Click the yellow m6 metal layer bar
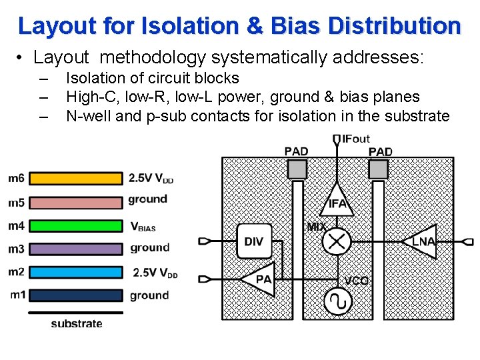click(76, 178)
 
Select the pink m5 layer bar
click(76, 202)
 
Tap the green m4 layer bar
click(76, 226)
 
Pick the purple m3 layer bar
click(76, 249)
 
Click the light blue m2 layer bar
click(76, 272)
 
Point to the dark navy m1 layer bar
click(76, 295)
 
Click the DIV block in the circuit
click(254, 241)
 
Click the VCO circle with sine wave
click(337, 302)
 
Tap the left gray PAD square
click(297, 169)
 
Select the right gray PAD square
click(379, 169)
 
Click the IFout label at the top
click(355, 139)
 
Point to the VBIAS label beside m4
click(143, 227)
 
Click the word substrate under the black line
click(77, 324)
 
